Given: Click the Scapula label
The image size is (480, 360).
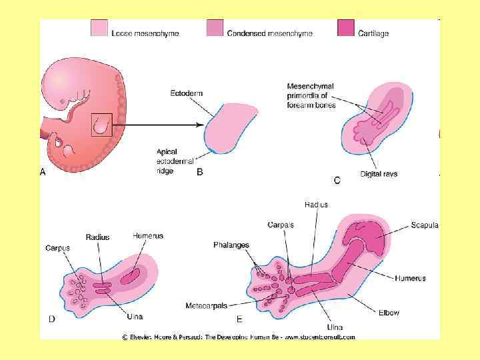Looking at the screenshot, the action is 425,225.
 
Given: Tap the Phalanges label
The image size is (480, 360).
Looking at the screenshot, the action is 231,245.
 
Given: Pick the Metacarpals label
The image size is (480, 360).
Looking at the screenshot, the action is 209,305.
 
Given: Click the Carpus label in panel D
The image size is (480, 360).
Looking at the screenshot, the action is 57,248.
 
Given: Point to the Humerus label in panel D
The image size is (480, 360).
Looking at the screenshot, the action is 147,235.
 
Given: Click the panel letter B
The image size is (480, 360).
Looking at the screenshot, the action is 199,172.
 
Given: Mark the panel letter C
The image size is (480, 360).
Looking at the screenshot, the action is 337,179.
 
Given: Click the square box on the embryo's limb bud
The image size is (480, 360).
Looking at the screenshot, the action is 101,125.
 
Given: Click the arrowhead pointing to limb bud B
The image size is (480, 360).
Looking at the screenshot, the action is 199,125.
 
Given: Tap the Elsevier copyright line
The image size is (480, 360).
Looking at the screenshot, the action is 238,337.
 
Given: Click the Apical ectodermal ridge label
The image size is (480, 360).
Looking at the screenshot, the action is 175,161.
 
